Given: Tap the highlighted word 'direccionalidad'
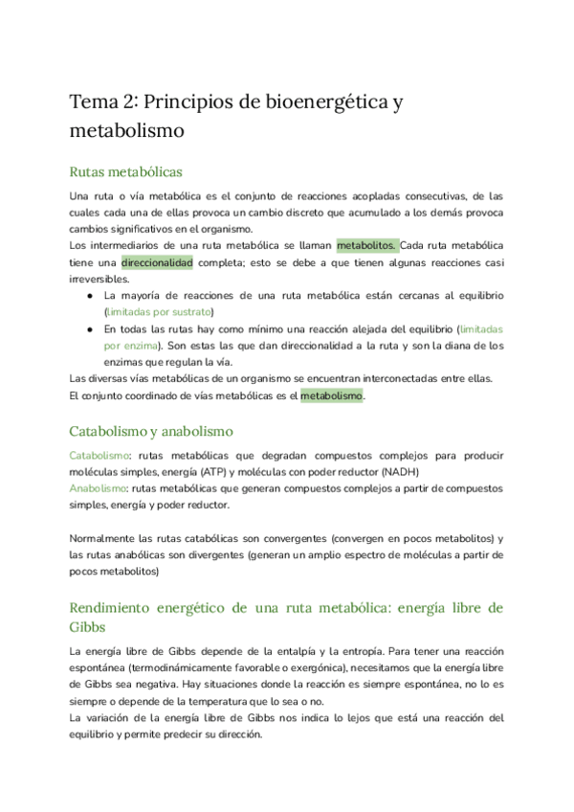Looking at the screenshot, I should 157,261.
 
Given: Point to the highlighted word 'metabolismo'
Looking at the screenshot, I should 332,395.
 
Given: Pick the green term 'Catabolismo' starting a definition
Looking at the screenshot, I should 99,455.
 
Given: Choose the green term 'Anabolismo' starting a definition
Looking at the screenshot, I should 98,487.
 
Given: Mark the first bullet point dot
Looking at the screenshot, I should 89,295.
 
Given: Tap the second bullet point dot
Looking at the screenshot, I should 89,328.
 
